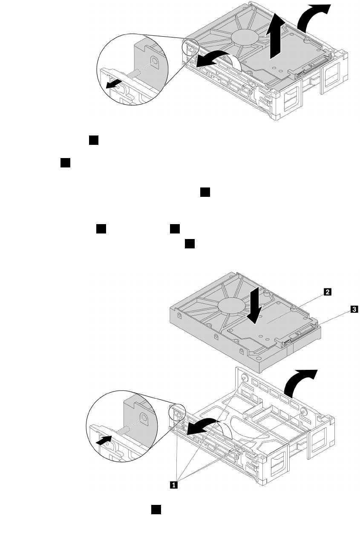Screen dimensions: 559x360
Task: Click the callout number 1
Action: coord(173,484)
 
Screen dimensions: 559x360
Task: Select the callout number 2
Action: coord(327,292)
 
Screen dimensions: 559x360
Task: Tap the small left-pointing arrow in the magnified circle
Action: coord(113,84)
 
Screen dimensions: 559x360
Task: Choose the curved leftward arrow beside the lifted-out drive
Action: coord(215,58)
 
